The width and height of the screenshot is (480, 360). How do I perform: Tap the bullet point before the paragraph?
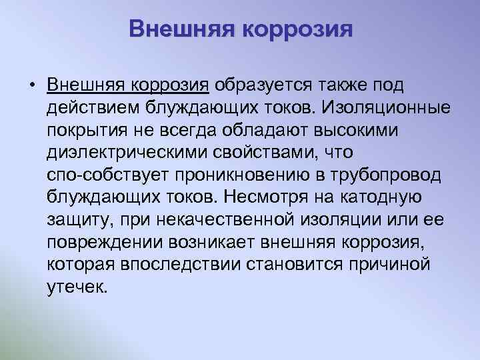click(31, 86)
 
